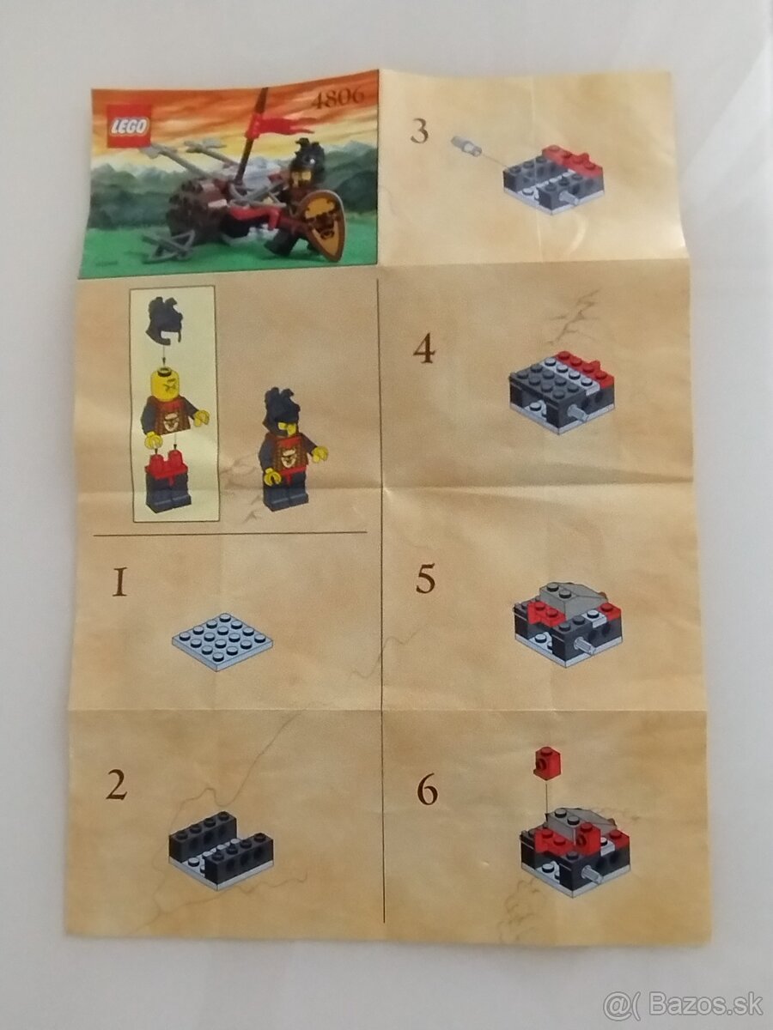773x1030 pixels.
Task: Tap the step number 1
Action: [119, 585]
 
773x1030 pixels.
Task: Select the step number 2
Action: [118, 785]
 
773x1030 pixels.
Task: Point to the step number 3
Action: [419, 131]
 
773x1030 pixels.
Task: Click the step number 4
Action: [423, 349]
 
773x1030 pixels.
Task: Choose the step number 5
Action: [425, 580]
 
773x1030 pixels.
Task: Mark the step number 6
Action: [427, 789]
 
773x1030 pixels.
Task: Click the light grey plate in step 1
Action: [222, 640]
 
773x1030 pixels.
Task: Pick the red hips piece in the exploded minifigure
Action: [167, 466]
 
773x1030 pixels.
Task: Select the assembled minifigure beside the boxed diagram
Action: [288, 451]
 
